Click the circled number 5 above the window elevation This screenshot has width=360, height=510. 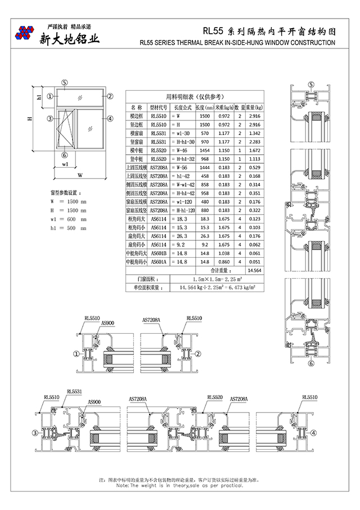coord(65,82)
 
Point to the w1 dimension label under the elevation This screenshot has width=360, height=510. coord(65,164)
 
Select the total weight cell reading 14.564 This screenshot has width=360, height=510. coord(254,271)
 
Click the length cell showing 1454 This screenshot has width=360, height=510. coord(205,151)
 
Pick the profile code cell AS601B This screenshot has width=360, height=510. coord(159,254)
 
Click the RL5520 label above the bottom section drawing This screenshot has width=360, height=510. coord(214,397)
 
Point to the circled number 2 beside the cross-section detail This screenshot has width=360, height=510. coord(198,354)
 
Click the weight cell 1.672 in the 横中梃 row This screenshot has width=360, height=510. coord(254,151)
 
